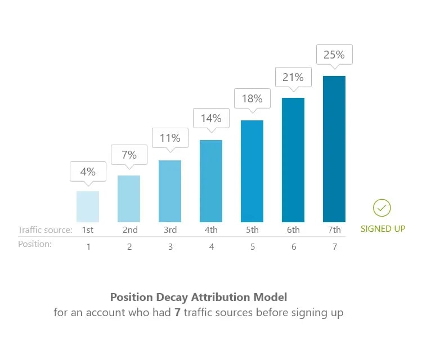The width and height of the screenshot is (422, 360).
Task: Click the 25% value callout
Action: [334, 56]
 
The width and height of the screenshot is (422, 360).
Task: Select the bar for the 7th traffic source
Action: [334, 149]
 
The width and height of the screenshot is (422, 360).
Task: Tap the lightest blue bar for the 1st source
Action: [88, 206]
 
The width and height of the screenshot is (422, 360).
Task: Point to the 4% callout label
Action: [88, 172]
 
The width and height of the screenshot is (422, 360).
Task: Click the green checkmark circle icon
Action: [381, 208]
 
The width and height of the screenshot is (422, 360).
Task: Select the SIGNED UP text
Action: [383, 229]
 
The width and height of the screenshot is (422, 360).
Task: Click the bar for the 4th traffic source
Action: [211, 181]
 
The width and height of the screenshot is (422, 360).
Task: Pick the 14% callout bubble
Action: [211, 118]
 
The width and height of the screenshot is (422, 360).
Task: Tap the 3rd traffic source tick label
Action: [170, 229]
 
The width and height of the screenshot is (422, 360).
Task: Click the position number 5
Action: [252, 246]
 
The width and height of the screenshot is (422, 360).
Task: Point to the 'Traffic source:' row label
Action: [45, 229]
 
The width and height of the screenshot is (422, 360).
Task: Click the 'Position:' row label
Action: [35, 244]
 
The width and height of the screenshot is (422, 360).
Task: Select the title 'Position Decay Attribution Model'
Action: [198, 296]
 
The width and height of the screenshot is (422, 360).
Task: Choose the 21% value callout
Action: [293, 78]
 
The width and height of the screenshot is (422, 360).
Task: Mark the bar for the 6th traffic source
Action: [293, 160]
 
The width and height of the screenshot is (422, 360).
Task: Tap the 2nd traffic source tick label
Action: [129, 229]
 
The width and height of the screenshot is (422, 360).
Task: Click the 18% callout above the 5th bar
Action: [252, 98]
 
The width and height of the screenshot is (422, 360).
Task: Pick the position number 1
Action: [88, 246]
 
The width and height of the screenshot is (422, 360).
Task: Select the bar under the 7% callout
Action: [129, 199]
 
